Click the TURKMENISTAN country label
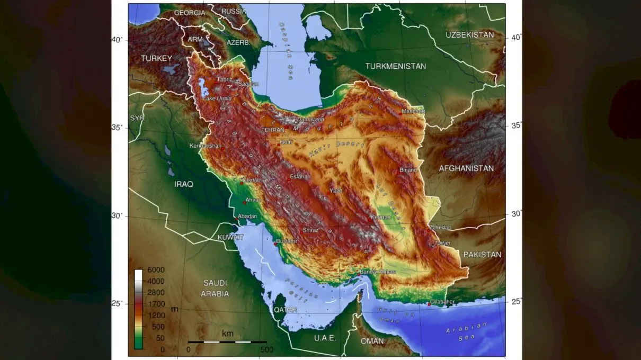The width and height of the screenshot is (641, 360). click(x=395, y=66)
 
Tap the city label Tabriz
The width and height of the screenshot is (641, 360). click(x=224, y=79)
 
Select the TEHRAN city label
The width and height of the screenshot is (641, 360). click(x=272, y=130)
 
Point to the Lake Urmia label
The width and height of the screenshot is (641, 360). click(x=217, y=98)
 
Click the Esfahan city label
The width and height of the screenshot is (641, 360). click(x=300, y=177)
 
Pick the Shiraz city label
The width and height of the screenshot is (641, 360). click(x=310, y=230)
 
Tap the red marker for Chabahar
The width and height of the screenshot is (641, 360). click(x=429, y=304)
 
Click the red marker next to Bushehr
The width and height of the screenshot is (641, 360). click(x=275, y=244)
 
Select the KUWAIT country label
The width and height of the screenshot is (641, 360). click(x=230, y=237)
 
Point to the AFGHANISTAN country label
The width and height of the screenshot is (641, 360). click(x=466, y=168)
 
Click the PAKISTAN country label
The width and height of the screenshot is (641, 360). click(x=482, y=255)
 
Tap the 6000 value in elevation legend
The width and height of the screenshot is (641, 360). click(x=156, y=270)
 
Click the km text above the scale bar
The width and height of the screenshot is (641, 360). click(x=227, y=334)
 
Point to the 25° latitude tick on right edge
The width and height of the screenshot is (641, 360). click(x=515, y=302)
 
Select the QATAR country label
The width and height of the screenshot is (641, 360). click(x=286, y=310)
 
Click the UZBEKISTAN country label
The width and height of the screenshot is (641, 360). click(x=469, y=35)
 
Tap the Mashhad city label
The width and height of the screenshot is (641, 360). click(x=413, y=112)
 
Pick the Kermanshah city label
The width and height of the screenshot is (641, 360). click(x=206, y=146)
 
